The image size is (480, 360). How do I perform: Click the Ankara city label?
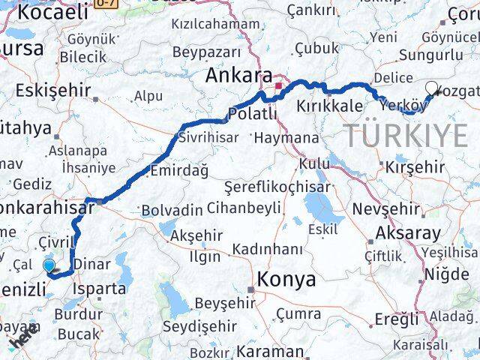coord(240,76)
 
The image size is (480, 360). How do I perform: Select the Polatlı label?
coord(252,113)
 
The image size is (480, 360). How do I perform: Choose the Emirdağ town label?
coord(179,171)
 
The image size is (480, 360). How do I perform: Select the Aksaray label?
coord(409,232)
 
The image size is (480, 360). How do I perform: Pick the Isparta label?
coord(100,288)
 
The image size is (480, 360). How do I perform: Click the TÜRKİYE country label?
coord(406,136)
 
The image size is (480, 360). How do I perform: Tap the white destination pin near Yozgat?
coord(430,89)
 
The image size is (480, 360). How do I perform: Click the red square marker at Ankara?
coord(277,87)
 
